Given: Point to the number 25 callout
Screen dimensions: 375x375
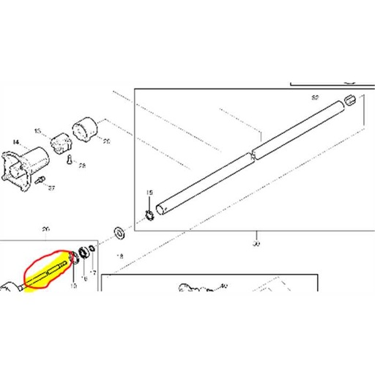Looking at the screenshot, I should (x=106, y=141).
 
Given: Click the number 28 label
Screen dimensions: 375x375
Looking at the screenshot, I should (x=82, y=166).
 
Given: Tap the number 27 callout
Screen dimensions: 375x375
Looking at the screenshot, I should (x=51, y=188).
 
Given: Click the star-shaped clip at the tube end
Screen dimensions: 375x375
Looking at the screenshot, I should (x=148, y=215).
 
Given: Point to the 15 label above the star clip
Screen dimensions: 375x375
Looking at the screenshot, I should (x=149, y=193).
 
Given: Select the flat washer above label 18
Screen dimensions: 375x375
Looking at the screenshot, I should (x=117, y=234).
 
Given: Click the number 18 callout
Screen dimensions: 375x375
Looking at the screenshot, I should (x=121, y=256).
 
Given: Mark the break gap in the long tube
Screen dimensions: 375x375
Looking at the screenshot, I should (x=251, y=154).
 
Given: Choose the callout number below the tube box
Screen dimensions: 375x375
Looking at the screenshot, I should (x=256, y=243).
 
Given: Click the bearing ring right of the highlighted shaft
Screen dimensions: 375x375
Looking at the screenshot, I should (x=84, y=253).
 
